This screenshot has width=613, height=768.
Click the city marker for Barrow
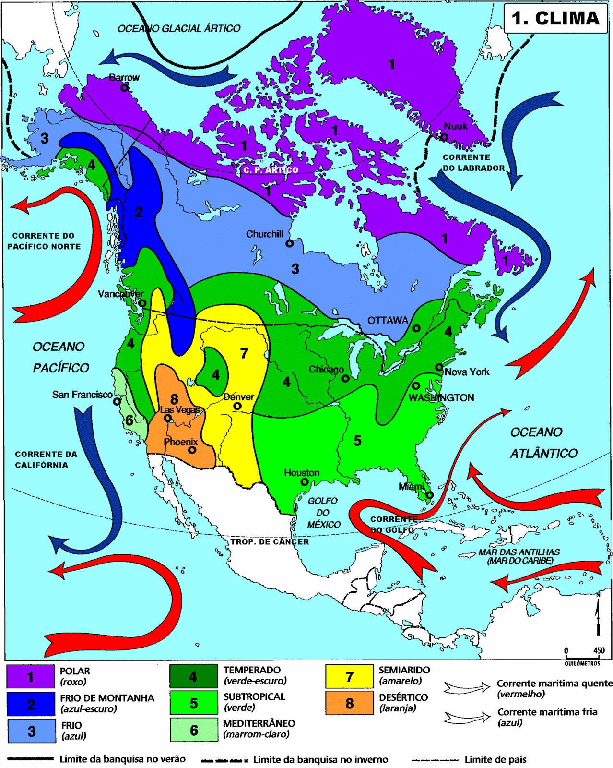pyautogui.click(x=124, y=88)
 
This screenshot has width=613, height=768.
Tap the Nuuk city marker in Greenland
pyautogui.click(x=445, y=137)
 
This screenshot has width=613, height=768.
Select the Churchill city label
pyautogui.click(x=265, y=234)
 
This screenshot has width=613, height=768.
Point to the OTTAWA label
pyautogui.click(x=388, y=320)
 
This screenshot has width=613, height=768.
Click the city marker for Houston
pyautogui.click(x=304, y=481)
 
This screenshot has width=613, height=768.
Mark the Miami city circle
pyautogui.click(x=430, y=495)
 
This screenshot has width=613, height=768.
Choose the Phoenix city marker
pyautogui.click(x=192, y=450)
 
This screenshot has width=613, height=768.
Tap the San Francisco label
pyautogui.click(x=82, y=395)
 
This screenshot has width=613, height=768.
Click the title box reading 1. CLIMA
pyautogui.click(x=555, y=18)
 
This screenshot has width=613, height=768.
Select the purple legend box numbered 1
pyautogui.click(x=30, y=677)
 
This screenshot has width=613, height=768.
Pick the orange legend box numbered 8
pyautogui.click(x=349, y=703)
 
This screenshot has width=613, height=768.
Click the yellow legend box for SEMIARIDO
pyautogui.click(x=349, y=677)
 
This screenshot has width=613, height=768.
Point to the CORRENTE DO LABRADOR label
pyautogui.click(x=473, y=163)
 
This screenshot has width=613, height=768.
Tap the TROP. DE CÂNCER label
pyautogui.click(x=270, y=541)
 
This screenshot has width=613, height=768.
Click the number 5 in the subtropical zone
pyautogui.click(x=357, y=441)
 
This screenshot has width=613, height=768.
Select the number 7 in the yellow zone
pyautogui.click(x=244, y=354)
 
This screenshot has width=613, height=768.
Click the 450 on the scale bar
pyautogui.click(x=599, y=651)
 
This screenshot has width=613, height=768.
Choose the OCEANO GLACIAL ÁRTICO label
pyautogui.click(x=179, y=29)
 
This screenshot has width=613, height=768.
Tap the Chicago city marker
pyautogui.click(x=345, y=378)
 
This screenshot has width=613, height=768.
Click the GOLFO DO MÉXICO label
pyautogui.click(x=323, y=513)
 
